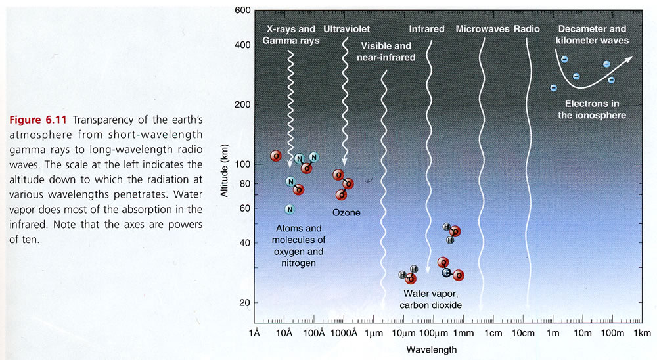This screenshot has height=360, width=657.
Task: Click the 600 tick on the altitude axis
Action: (x=242, y=11)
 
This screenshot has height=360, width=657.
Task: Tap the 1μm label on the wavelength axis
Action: (x=374, y=334)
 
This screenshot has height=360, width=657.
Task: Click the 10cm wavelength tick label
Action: (x=522, y=334)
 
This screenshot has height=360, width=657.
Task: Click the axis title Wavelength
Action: (x=431, y=349)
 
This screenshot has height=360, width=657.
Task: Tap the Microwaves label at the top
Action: (x=482, y=30)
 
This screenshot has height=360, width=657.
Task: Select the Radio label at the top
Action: (x=527, y=30)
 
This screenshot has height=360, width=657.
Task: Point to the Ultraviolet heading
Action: (x=348, y=30)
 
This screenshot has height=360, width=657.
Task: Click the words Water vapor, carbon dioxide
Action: (x=433, y=300)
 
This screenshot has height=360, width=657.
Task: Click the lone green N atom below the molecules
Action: (x=289, y=209)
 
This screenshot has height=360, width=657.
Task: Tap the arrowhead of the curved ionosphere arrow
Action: (x=629, y=59)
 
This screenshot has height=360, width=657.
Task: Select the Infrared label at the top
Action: (x=426, y=30)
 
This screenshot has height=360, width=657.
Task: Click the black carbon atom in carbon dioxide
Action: (x=447, y=272)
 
